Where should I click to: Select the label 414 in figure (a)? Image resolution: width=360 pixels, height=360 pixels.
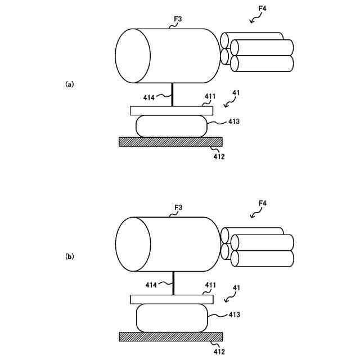[x=148, y=97]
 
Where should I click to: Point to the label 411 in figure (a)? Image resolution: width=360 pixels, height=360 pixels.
[x=209, y=97]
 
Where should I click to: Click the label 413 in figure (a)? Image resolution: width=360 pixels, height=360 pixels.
[x=234, y=121]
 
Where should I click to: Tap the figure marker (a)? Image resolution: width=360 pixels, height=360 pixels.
[x=69, y=84]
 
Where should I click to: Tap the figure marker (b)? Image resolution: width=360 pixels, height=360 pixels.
[x=69, y=256]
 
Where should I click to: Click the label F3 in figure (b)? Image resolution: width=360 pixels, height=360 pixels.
[x=177, y=208]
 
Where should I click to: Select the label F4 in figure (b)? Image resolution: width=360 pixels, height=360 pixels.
[x=262, y=203]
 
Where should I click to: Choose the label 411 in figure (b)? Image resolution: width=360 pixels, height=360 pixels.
[x=209, y=286]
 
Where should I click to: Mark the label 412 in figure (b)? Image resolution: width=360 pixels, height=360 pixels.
[x=219, y=352]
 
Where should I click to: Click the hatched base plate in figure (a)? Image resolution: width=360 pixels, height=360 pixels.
[x=170, y=142]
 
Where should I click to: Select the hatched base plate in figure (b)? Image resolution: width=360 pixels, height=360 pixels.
[x=170, y=336]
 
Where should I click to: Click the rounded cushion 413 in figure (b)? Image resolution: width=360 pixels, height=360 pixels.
[x=172, y=317]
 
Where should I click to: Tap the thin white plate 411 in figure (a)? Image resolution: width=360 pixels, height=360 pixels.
[x=170, y=110]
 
